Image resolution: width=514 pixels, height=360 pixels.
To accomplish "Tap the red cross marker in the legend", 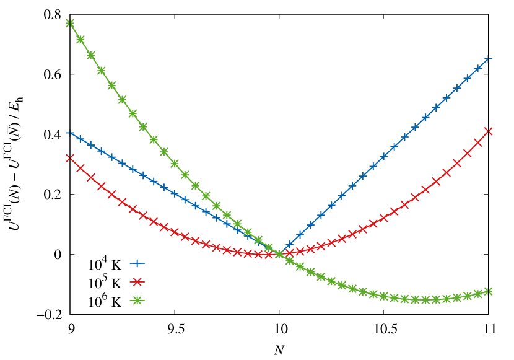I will point(136,282).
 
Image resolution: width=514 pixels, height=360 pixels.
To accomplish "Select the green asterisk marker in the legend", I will point(136,301).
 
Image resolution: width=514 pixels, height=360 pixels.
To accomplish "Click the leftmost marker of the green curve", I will point(70,24).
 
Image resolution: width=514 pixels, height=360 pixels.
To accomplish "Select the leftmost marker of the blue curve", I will point(70,132).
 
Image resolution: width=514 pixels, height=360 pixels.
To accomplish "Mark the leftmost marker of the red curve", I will point(70,158).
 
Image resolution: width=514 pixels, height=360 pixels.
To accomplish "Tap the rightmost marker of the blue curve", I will point(488,58).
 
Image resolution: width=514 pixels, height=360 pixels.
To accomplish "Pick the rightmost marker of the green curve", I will point(488,291).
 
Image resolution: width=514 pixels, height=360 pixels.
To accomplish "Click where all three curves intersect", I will point(279,253).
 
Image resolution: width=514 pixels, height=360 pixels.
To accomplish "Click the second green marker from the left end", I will point(81,39).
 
